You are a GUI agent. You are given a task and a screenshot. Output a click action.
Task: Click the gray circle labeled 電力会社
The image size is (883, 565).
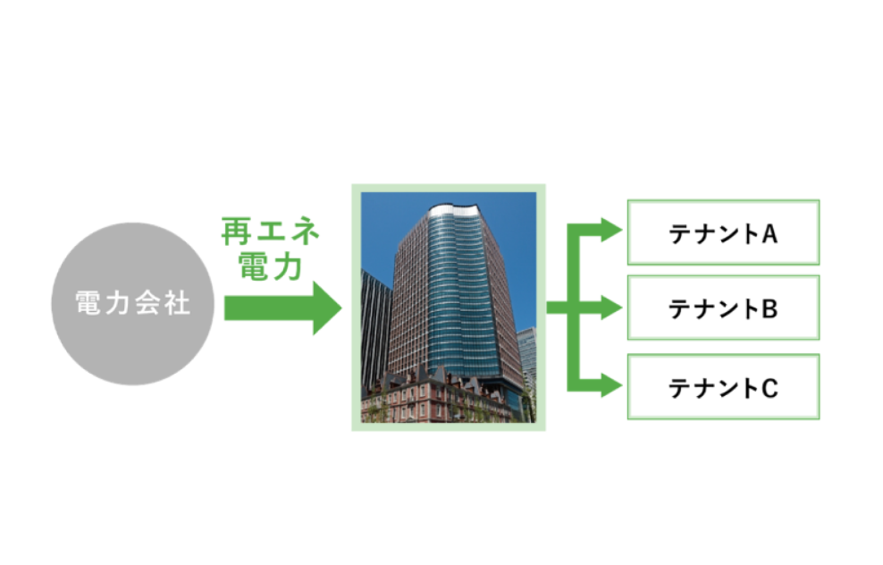tap(133, 304)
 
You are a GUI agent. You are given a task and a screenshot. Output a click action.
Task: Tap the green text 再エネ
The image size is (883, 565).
tap(271, 232)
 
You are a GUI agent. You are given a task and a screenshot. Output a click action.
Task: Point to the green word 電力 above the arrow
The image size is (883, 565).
tap(270, 266)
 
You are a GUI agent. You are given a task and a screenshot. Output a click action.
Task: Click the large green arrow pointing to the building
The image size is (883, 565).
tap(282, 308)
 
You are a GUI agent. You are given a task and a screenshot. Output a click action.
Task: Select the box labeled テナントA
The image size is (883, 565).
tap(724, 232)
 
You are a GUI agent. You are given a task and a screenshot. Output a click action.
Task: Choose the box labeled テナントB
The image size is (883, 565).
tap(724, 308)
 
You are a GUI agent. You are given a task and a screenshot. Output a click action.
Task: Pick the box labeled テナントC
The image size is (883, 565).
tap(724, 387)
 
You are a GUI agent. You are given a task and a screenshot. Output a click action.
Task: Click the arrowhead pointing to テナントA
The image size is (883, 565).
tap(611, 230)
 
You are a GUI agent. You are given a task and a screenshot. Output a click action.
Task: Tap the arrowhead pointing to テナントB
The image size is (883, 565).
tap(611, 308)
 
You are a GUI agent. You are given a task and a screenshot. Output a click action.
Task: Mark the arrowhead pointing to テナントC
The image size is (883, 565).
tap(611, 385)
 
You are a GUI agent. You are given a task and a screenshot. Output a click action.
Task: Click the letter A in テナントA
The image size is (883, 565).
tap(769, 233)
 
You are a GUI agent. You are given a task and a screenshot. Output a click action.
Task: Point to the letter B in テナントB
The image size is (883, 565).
tap(769, 309)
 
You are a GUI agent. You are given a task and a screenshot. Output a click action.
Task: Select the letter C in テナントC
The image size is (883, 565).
tap(769, 389)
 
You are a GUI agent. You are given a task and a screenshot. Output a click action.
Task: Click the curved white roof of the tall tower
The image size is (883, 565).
tap(455, 212)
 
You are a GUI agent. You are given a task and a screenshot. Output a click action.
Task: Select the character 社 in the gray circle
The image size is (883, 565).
tap(177, 303)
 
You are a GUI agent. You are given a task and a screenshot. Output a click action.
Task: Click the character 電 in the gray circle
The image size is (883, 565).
tap(88, 303)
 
